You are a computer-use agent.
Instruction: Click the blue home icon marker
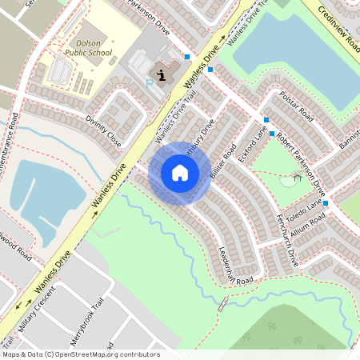pyautogui.click(x=180, y=173)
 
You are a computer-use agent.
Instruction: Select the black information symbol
pyautogui.click(x=162, y=76)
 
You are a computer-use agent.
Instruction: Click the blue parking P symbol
pyautogui.click(x=150, y=83)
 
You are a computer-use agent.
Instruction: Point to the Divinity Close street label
pyautogui.click(x=104, y=130)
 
